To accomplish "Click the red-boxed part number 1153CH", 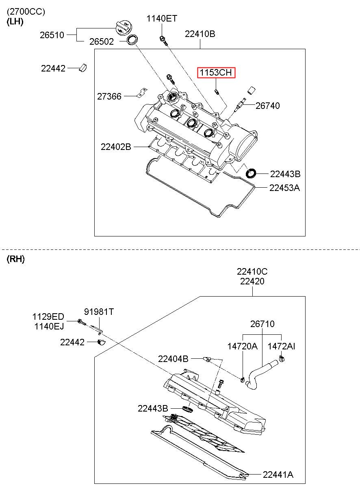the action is tap(216, 72).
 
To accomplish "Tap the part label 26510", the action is tap(52, 35).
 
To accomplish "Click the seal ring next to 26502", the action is tap(132, 40).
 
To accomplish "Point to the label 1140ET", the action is tap(162, 19).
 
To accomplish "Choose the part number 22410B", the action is tap(200, 34).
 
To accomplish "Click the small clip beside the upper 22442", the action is tap(83, 68).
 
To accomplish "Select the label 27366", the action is tap(109, 96).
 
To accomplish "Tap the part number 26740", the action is tap(268, 106).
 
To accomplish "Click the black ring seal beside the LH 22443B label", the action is tap(251, 173).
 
